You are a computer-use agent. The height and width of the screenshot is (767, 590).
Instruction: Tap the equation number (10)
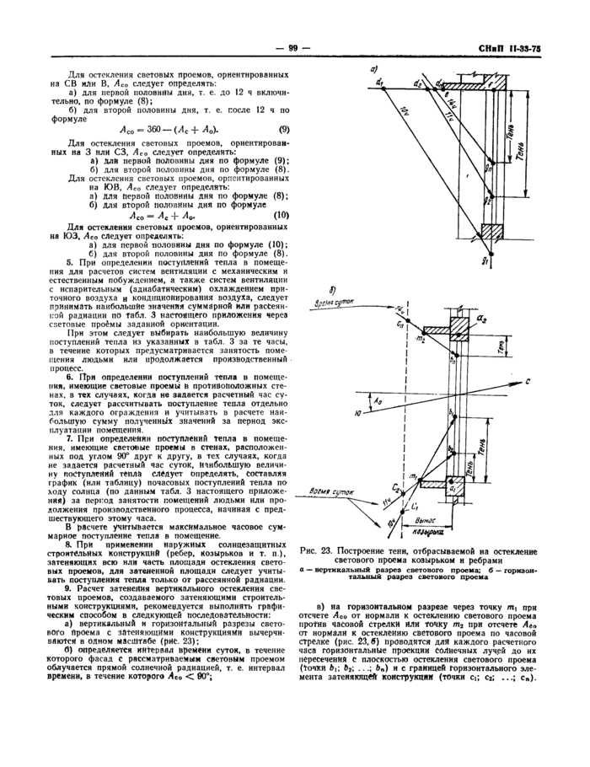tap(282, 214)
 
